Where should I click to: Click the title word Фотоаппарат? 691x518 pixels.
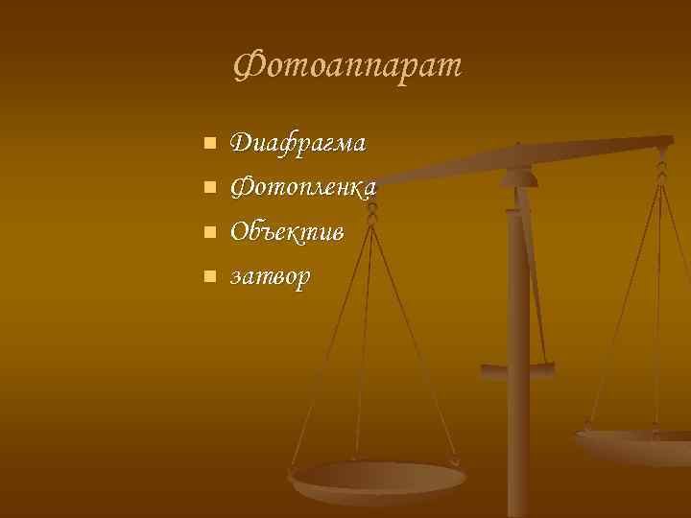[347, 65]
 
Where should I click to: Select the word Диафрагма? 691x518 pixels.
[298, 143]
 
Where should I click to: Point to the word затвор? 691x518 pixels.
[272, 277]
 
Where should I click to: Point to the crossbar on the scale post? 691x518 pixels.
[518, 368]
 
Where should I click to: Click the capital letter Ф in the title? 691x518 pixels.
[248, 65]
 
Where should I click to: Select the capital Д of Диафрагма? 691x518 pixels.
[242, 143]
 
